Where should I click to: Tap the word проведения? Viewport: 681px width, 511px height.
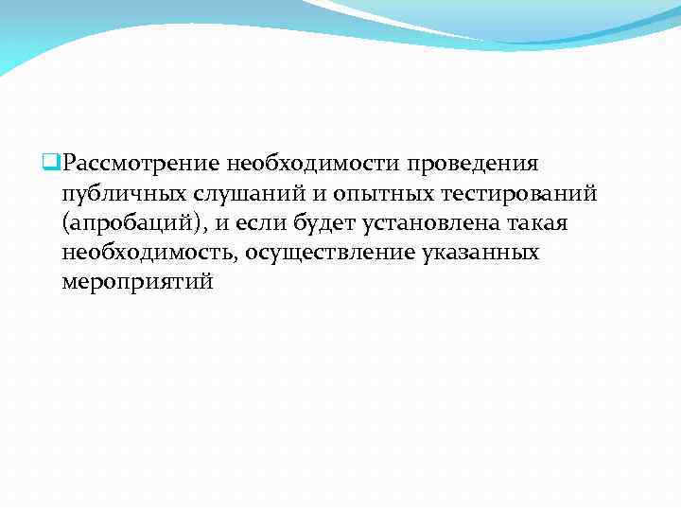(x=479, y=163)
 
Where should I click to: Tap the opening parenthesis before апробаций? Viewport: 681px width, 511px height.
(x=64, y=223)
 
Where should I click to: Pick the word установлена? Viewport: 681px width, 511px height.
(x=434, y=223)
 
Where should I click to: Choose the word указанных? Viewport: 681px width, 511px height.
(x=481, y=253)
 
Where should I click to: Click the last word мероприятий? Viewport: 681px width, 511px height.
(x=138, y=283)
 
